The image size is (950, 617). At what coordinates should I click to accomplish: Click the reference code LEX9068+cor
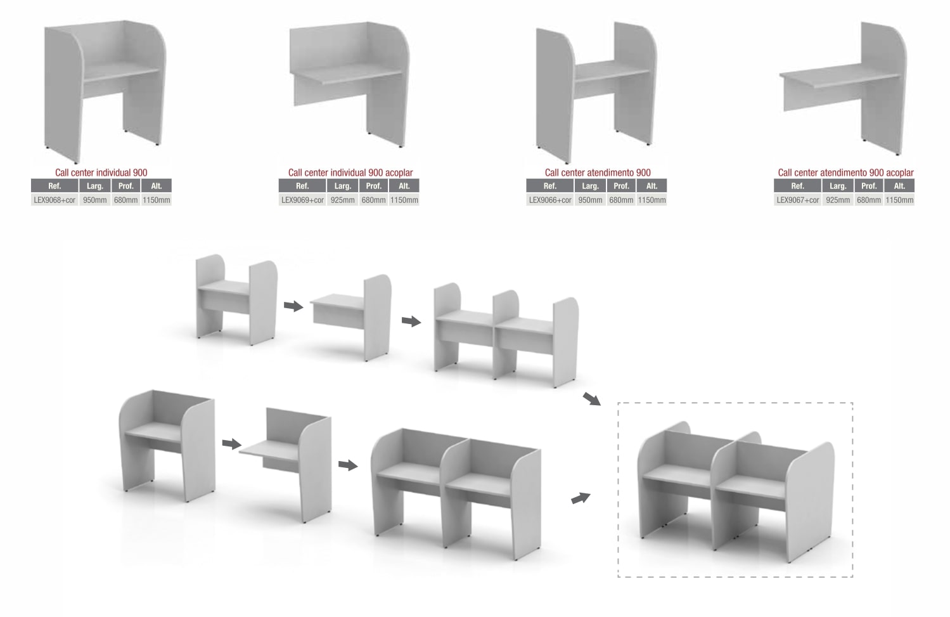click(55, 200)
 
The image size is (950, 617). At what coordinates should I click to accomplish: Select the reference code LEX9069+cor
click(302, 200)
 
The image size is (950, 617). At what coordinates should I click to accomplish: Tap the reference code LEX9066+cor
click(550, 200)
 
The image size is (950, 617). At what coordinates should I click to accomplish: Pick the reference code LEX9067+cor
click(798, 200)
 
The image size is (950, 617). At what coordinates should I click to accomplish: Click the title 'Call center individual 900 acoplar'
click(350, 172)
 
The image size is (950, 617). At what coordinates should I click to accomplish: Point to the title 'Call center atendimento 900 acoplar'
click(845, 172)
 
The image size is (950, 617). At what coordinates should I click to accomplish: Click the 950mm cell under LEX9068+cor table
click(95, 200)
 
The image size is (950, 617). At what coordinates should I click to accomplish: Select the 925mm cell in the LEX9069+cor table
click(343, 200)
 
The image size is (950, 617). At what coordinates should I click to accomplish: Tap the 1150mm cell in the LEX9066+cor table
click(652, 200)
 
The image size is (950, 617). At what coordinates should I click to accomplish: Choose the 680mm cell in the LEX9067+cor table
click(869, 200)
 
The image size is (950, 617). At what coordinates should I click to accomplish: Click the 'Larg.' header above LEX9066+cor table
click(591, 186)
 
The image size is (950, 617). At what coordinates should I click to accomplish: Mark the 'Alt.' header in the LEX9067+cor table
click(899, 186)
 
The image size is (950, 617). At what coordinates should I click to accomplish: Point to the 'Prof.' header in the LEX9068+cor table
click(126, 186)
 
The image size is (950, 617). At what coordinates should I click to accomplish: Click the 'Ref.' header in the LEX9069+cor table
click(302, 186)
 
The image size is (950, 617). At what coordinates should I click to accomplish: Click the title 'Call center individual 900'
click(101, 172)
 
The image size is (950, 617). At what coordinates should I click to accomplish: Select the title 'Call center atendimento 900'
click(598, 172)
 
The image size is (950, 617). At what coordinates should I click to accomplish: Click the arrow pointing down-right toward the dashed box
click(592, 399)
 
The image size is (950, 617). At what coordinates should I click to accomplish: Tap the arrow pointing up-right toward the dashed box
click(581, 498)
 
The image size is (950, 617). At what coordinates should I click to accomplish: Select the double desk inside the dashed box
click(736, 492)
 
